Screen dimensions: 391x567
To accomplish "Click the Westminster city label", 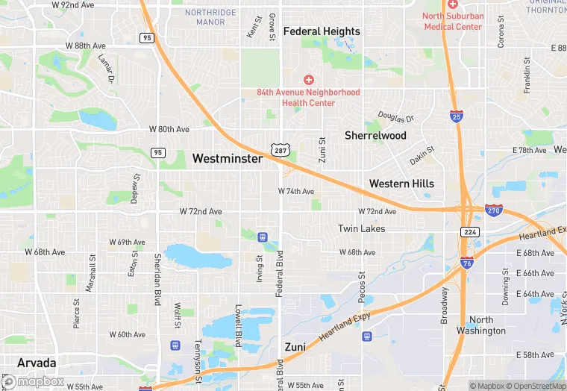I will [x=228, y=159].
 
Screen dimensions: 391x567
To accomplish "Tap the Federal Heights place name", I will [x=322, y=31].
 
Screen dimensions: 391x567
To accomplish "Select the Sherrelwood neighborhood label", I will [x=375, y=136].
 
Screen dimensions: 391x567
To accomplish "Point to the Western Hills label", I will [x=401, y=184].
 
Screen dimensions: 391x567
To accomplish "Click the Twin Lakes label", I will [x=362, y=228].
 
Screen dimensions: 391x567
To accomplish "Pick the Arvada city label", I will [x=36, y=363].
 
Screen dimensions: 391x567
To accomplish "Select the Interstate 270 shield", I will [x=493, y=211].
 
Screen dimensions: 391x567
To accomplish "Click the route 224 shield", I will [x=469, y=232].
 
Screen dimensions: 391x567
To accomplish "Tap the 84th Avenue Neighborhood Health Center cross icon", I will [x=308, y=79].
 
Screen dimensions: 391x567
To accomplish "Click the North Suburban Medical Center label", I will [x=453, y=21].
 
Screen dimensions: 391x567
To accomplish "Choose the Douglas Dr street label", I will [x=395, y=119].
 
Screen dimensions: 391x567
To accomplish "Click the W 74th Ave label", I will [x=296, y=192].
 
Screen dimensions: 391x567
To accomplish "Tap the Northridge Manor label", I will [x=205, y=17].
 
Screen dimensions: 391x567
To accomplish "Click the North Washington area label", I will [x=481, y=325].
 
